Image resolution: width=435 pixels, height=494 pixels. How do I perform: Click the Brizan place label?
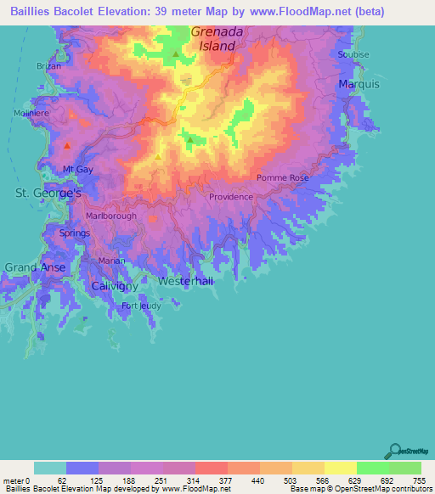[50, 65]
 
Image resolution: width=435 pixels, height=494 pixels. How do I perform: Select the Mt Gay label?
[77, 170]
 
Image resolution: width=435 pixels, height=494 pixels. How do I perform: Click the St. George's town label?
[48, 194]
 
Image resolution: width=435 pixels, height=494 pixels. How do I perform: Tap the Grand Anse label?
[35, 267]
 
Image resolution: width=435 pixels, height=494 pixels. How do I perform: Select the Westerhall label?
[184, 280]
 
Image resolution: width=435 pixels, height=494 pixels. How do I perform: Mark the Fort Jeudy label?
[141, 306]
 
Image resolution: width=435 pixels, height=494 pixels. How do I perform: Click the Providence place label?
[231, 197]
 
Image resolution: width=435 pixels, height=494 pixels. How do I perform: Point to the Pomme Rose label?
[283, 178]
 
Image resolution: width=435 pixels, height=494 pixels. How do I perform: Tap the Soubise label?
[353, 54]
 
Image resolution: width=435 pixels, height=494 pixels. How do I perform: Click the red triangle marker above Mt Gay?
[66, 146]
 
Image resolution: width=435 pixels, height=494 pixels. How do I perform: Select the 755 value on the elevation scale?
[418, 480]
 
